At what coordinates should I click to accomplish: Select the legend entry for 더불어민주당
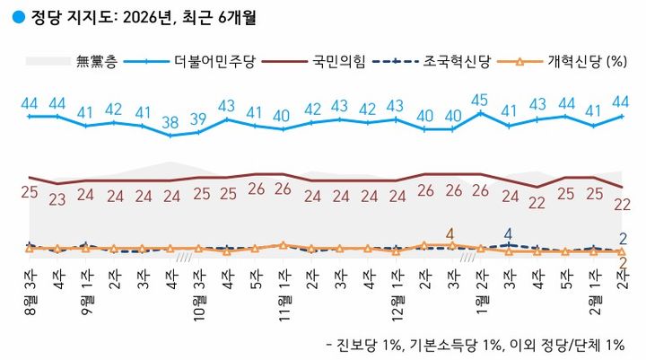click(x=219, y=62)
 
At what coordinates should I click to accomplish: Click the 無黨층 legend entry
click(x=95, y=62)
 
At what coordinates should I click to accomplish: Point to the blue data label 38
click(x=170, y=122)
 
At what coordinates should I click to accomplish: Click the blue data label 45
click(x=480, y=100)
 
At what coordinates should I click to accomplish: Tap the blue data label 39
click(x=199, y=119)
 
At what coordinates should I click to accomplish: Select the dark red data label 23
click(x=58, y=199)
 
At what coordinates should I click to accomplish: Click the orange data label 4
click(x=451, y=232)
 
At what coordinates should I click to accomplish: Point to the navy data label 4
click(x=508, y=232)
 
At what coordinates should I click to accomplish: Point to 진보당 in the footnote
click(x=359, y=345)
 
